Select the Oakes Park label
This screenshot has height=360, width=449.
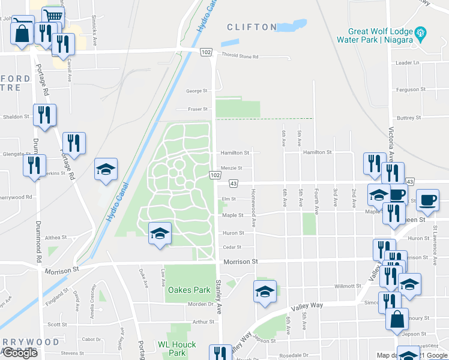point(188,290)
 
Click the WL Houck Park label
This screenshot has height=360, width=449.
point(172,349)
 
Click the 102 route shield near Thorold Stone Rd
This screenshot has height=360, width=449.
point(206,53)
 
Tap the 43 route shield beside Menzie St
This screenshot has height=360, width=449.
point(233,183)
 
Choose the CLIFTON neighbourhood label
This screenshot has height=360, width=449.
point(252,27)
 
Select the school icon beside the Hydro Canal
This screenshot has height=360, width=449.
point(106,169)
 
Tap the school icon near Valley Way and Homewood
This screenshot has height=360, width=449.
point(265,292)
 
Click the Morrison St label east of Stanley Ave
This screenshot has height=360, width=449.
point(240,262)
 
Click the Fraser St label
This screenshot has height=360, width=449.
point(196,109)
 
